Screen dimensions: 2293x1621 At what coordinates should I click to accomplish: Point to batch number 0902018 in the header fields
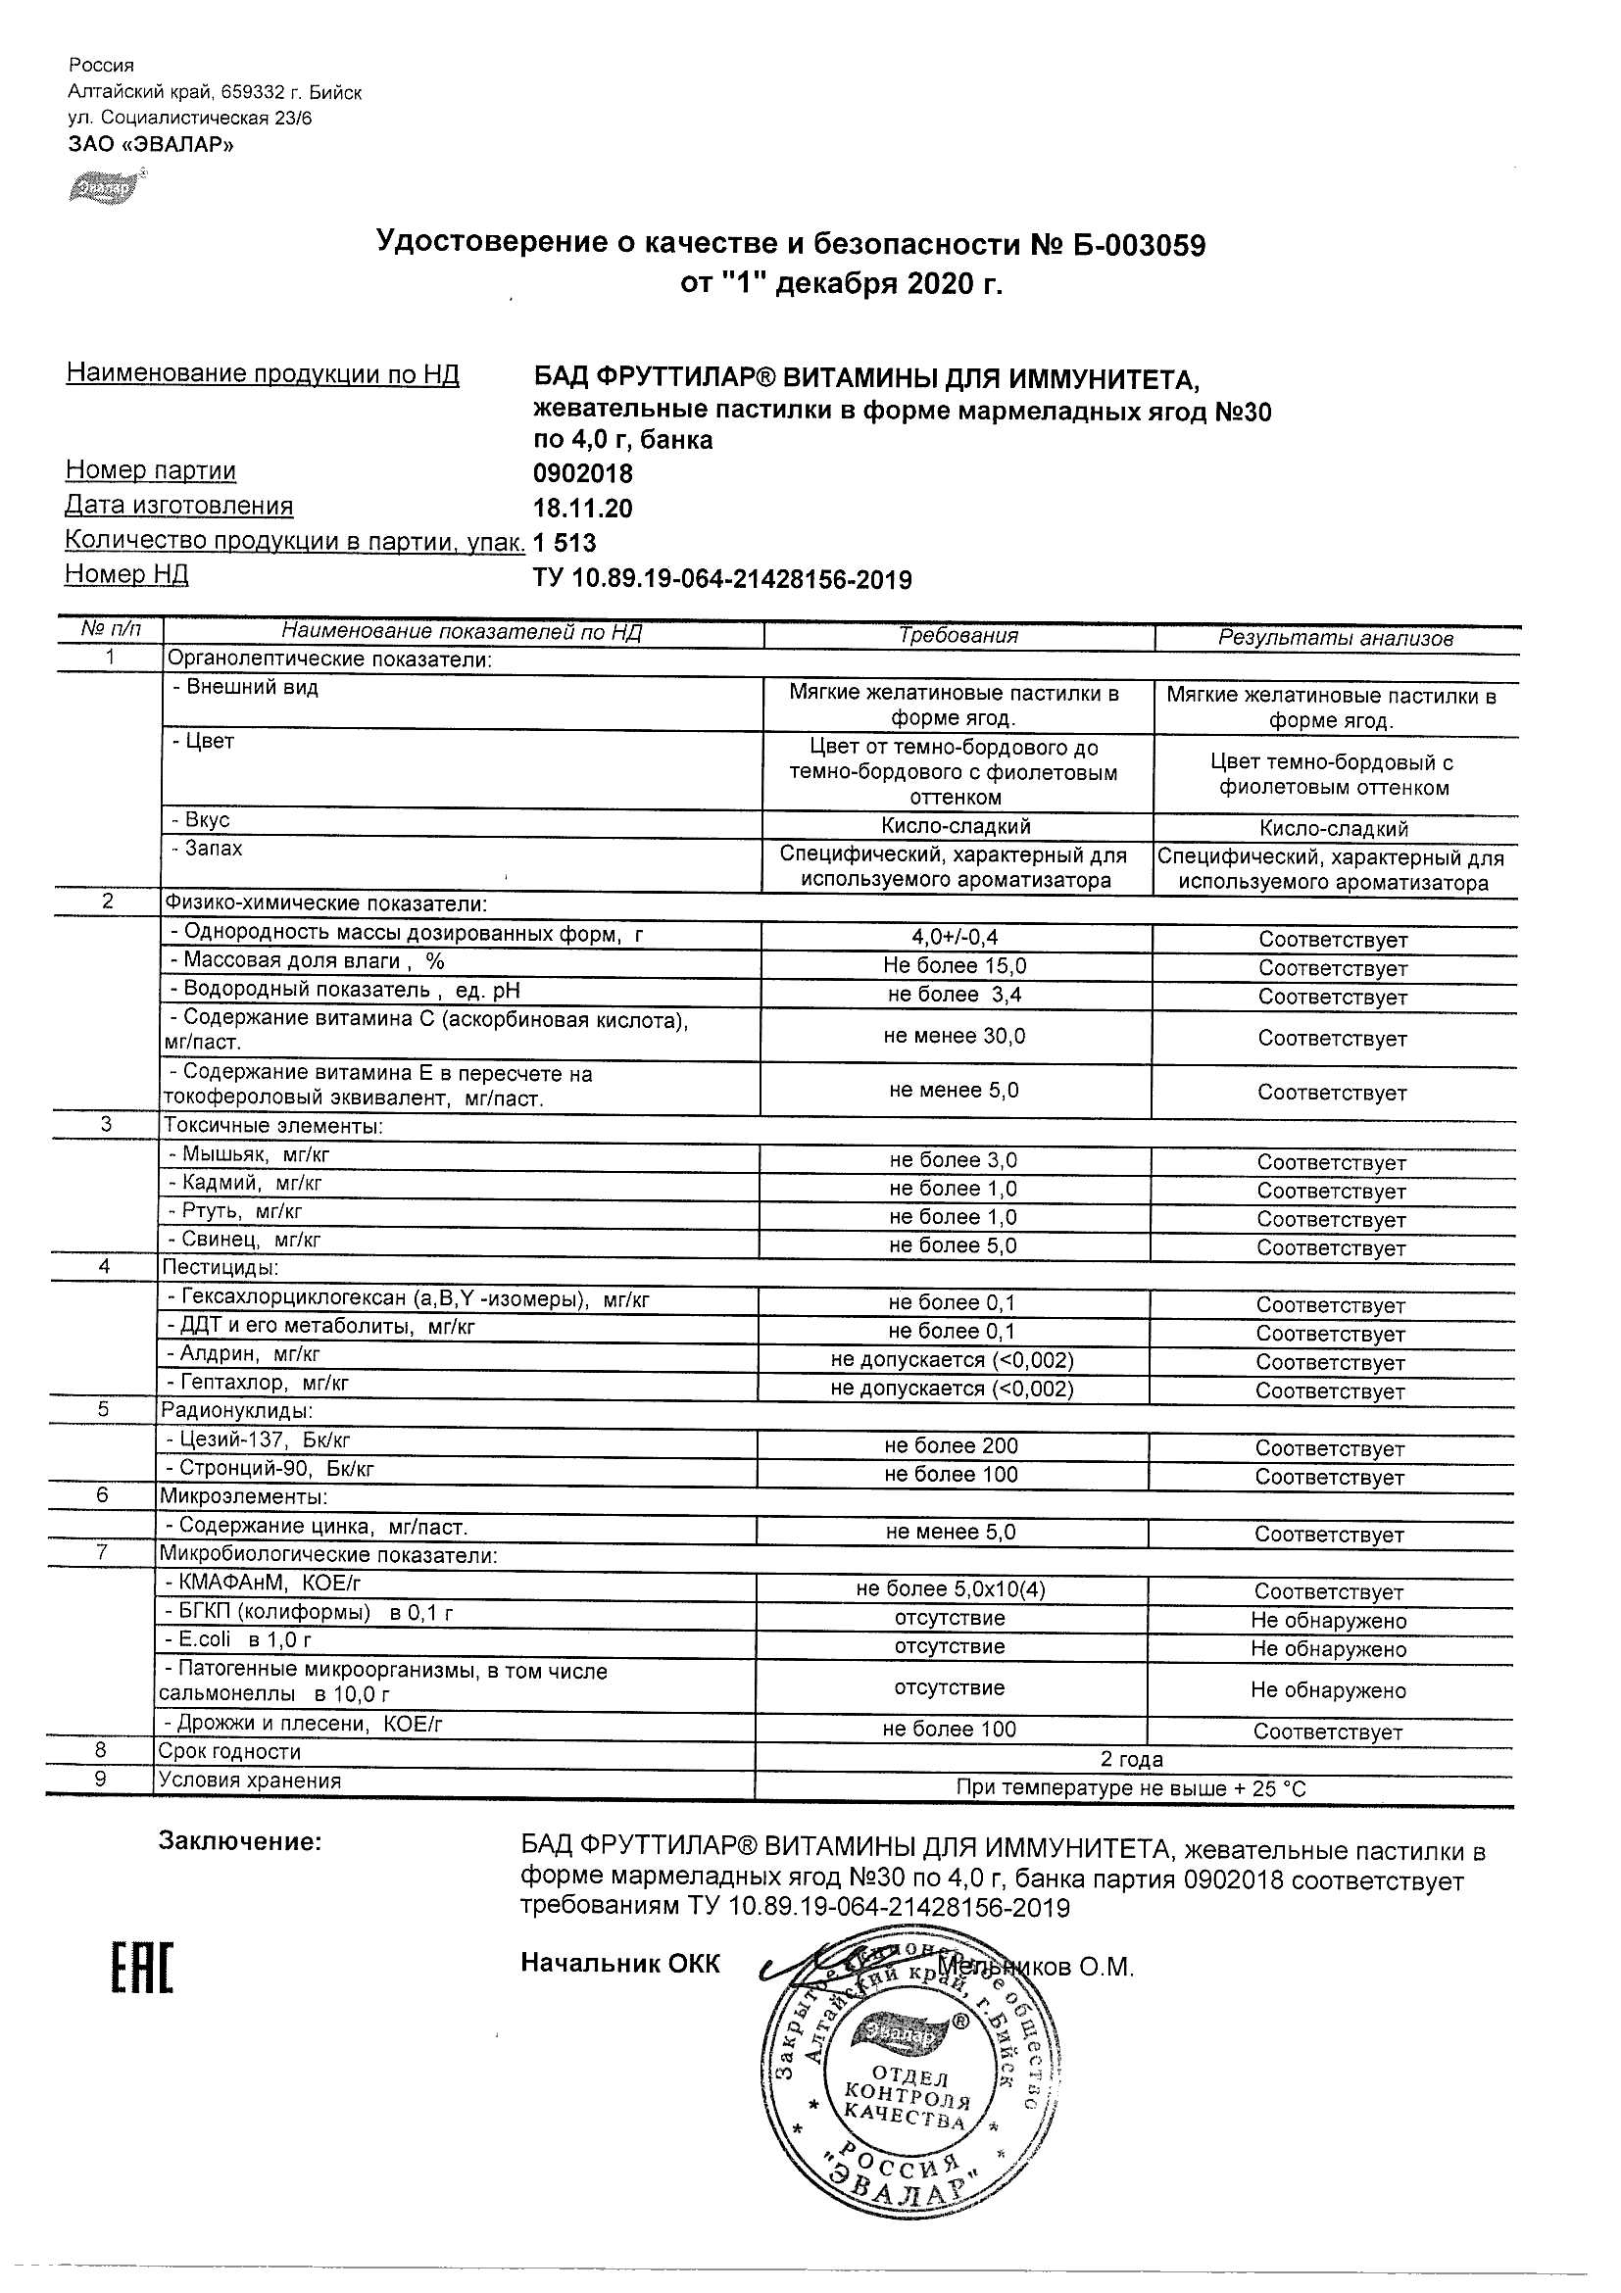click(582, 473)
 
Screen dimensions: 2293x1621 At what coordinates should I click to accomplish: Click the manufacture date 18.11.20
click(582, 509)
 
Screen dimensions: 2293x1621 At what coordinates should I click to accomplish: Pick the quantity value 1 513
click(565, 543)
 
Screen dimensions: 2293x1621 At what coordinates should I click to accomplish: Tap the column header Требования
click(958, 636)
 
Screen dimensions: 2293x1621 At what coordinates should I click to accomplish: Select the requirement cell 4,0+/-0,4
click(955, 937)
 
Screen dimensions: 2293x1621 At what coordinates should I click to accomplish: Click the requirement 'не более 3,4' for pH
click(954, 995)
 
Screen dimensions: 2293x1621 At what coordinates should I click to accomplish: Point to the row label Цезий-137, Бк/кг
click(258, 1440)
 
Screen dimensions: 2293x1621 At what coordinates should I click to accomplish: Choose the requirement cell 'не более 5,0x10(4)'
click(950, 1588)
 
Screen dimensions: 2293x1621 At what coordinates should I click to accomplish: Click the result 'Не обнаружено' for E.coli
click(1327, 1650)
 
